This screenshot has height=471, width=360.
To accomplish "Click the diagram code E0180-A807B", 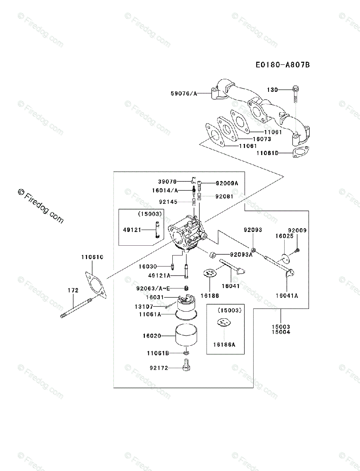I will [x=282, y=64].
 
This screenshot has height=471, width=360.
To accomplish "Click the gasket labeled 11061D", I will [x=301, y=153].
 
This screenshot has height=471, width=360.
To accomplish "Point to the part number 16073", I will [x=261, y=139].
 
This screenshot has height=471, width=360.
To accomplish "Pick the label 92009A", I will [x=227, y=183].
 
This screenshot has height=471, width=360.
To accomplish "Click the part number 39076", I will [x=167, y=182].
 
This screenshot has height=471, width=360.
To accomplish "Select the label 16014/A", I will [x=165, y=190].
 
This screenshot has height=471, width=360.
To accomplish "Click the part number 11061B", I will [x=158, y=353].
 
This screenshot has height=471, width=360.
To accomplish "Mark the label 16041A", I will [x=286, y=296].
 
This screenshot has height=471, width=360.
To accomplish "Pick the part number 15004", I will [x=281, y=332].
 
